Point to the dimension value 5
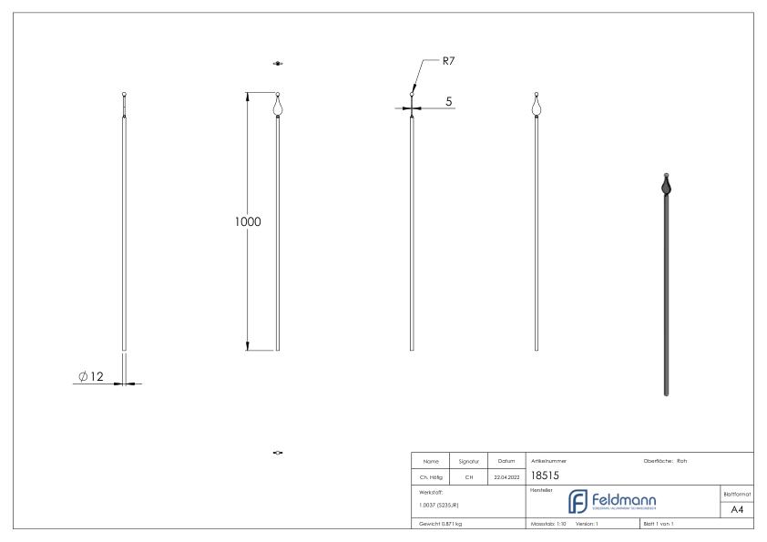pos(450,101)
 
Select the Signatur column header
pos(466,461)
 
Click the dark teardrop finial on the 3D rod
pos(668,189)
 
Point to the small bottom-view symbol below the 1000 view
pos(278,452)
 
